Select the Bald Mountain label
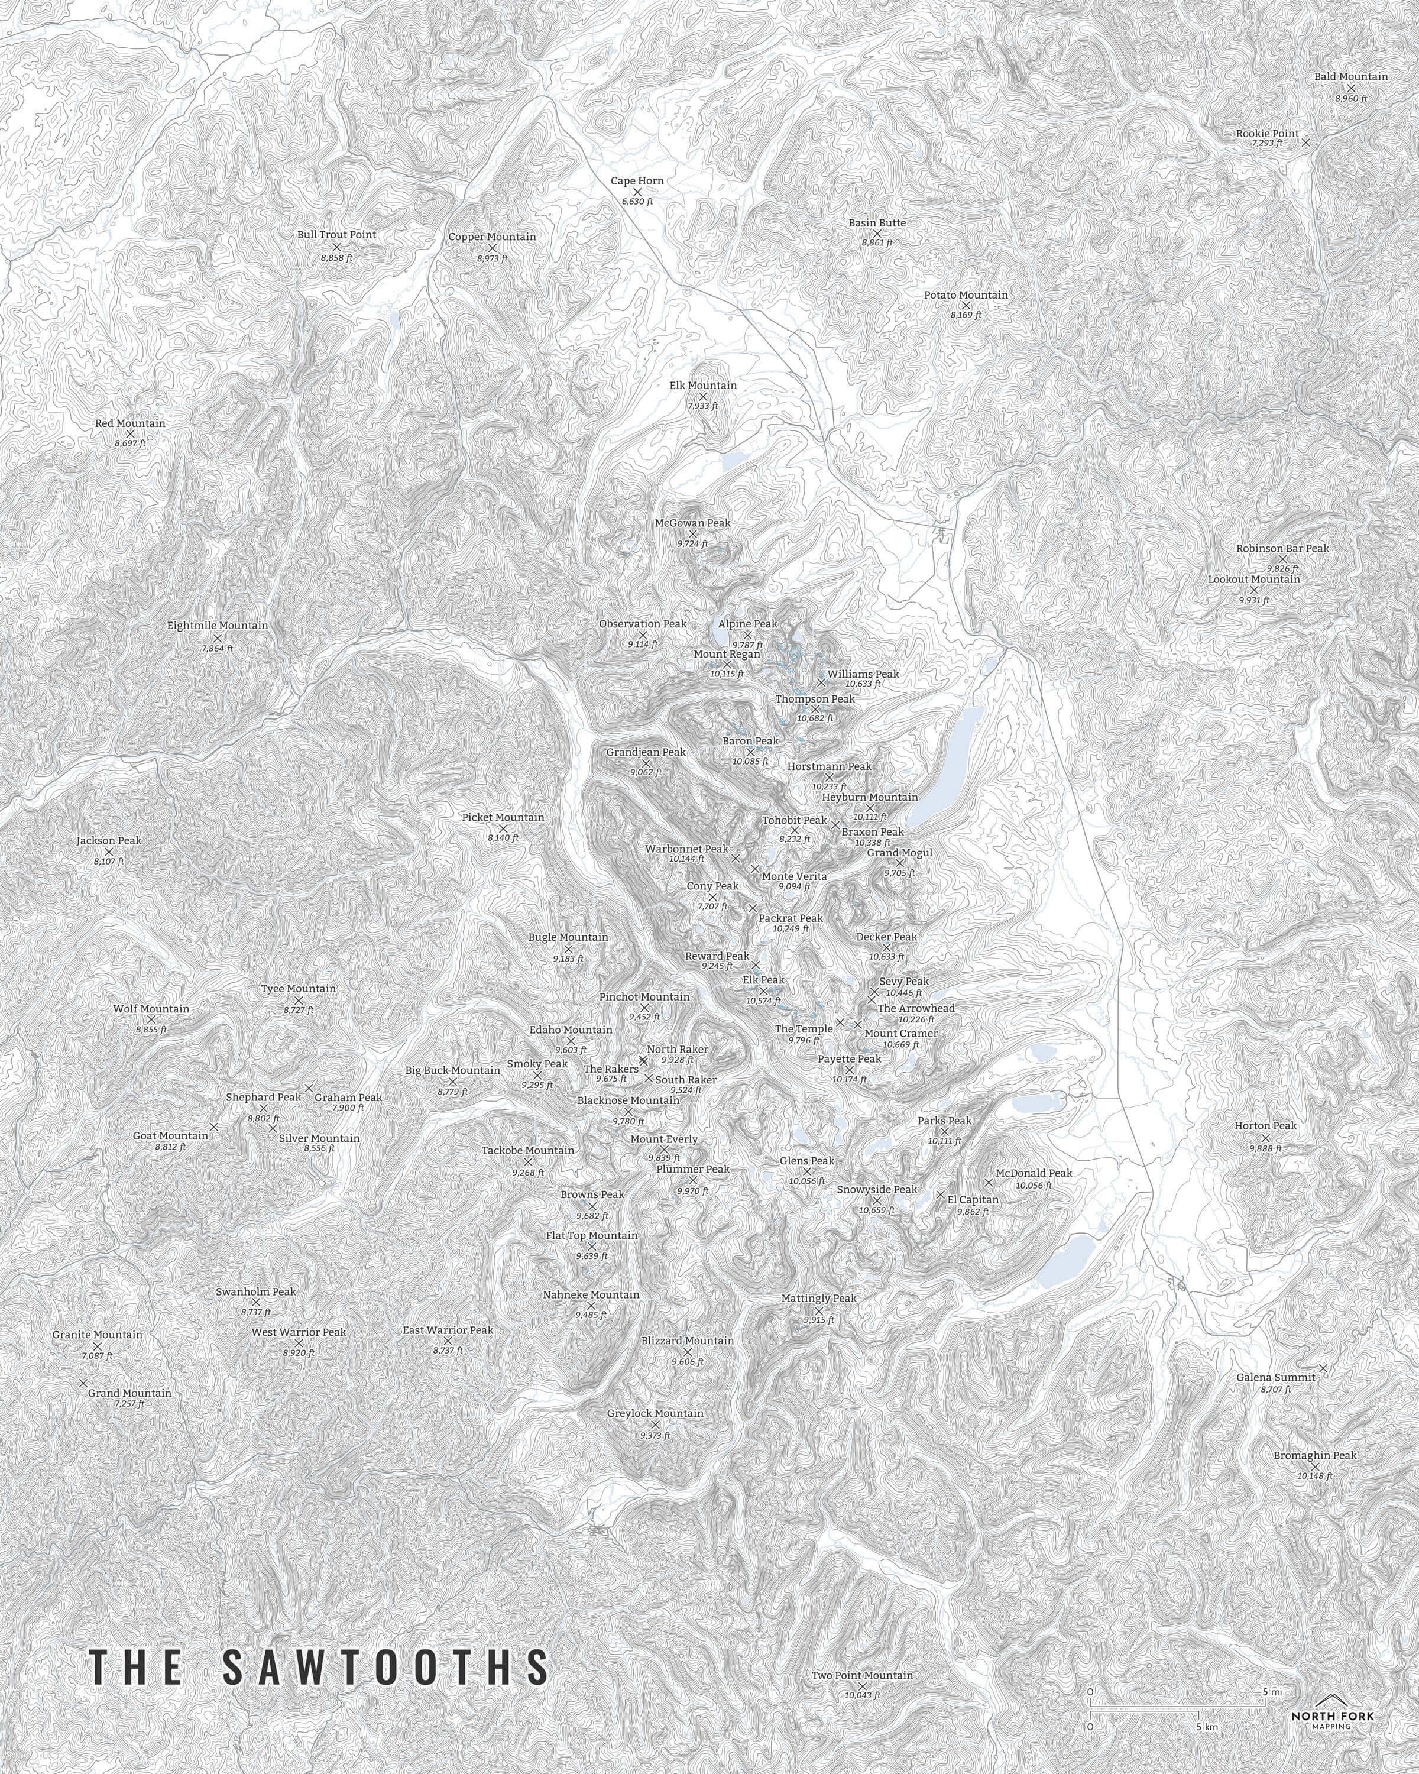(x=1351, y=76)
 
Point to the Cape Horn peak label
(x=637, y=181)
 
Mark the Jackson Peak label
(x=109, y=841)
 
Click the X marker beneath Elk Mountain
(x=702, y=397)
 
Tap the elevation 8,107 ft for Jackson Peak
(x=109, y=862)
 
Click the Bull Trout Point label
(x=336, y=235)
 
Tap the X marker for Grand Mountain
(x=83, y=1383)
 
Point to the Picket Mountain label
(x=503, y=817)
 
